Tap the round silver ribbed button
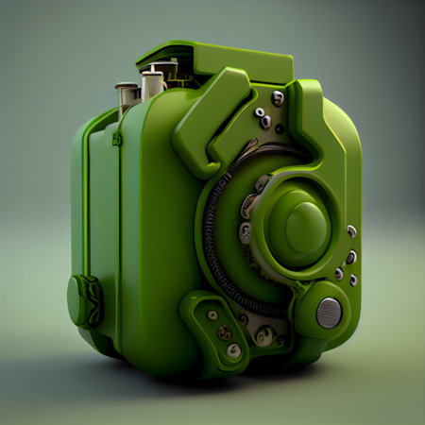tap(329, 312)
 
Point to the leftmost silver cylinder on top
tap(127, 95)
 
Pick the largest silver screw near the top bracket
tap(278, 98)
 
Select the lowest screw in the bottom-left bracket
tap(233, 350)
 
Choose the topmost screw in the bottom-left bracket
tap(212, 314)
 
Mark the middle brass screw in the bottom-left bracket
tap(225, 332)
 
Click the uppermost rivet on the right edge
tap(351, 230)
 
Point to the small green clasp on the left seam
tap(116, 139)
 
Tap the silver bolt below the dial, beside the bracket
tap(265, 334)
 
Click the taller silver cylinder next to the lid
tap(152, 83)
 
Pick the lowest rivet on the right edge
tap(353, 280)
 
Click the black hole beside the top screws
tap(279, 128)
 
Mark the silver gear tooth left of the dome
tap(247, 204)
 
